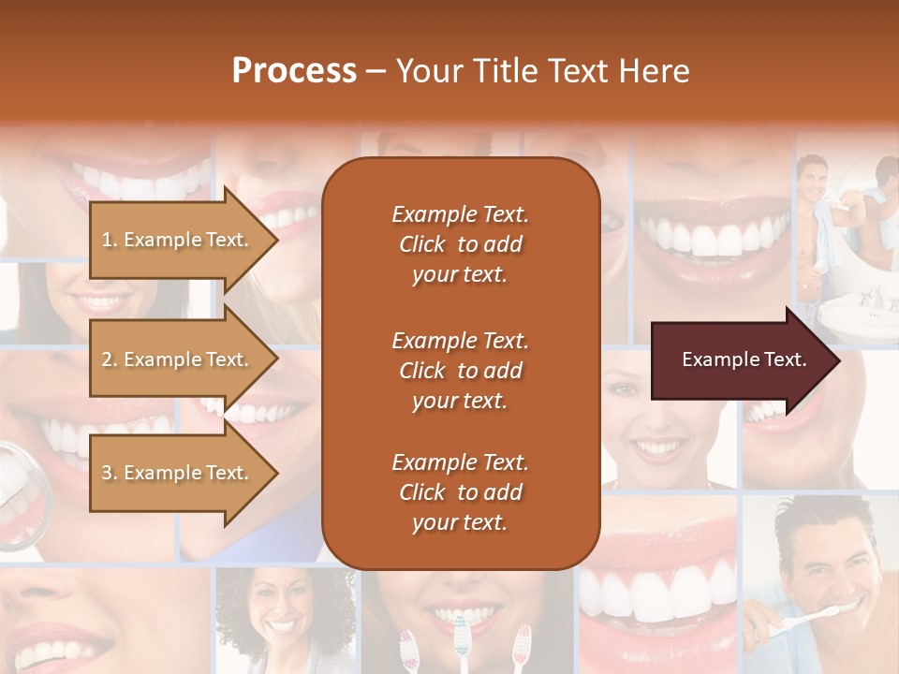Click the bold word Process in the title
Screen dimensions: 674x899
(x=294, y=71)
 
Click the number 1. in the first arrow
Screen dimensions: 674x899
(x=110, y=241)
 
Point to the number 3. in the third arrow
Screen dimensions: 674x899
(x=110, y=474)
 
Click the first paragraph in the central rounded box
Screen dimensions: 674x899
(x=460, y=244)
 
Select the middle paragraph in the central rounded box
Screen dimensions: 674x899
(x=460, y=370)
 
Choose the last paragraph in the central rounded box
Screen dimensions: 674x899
(x=460, y=492)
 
